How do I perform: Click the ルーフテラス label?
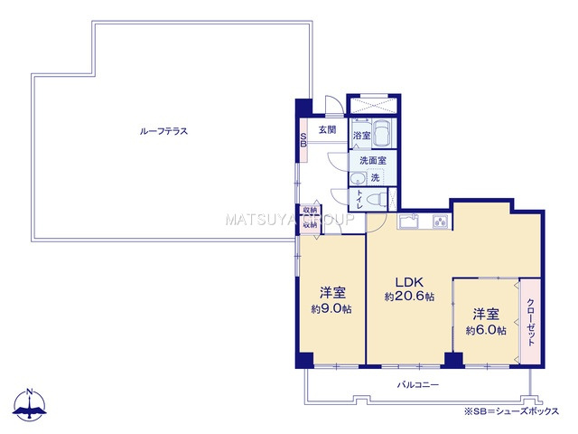click(x=163, y=131)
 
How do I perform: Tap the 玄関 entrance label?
click(x=327, y=130)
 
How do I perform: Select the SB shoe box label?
click(x=303, y=140)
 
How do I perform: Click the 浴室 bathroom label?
click(x=360, y=137)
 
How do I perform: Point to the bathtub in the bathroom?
click(x=383, y=136)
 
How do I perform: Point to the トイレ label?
click(x=359, y=199)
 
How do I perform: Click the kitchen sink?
click(x=409, y=222)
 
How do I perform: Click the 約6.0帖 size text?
click(x=486, y=331)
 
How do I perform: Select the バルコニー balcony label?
click(x=418, y=385)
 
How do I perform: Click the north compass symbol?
click(x=30, y=406)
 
